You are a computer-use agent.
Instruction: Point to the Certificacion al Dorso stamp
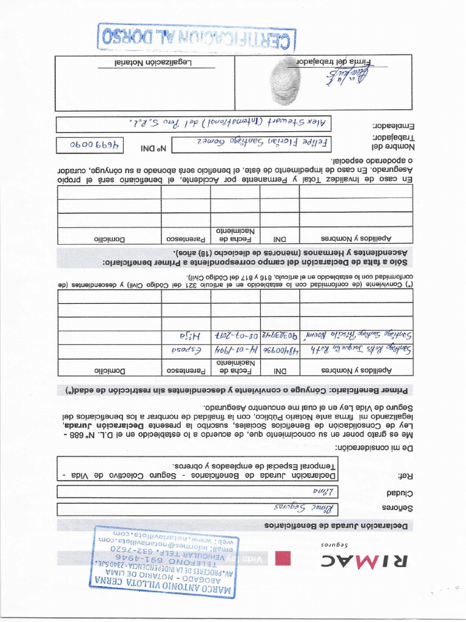tap(197, 36)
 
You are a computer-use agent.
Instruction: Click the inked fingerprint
tap(285, 81)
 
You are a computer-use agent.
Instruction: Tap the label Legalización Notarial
tap(154, 62)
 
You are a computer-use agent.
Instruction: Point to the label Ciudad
tap(399, 493)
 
